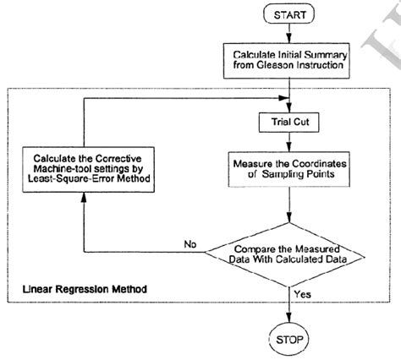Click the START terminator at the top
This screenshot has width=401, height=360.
point(290,14)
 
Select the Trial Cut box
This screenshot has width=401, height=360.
point(290,122)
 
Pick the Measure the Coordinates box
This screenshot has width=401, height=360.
point(290,168)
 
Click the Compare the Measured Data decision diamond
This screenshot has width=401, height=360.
point(290,254)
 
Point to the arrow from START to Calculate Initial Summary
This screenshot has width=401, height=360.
point(290,34)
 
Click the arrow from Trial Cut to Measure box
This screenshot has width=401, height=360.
point(290,140)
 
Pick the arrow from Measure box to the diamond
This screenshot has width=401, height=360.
point(290,207)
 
